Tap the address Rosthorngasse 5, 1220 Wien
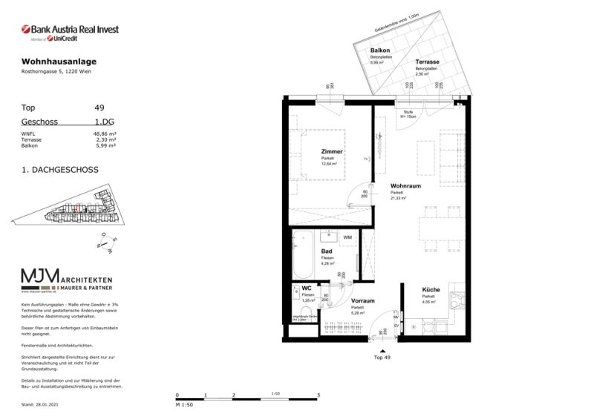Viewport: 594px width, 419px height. (x=57, y=71)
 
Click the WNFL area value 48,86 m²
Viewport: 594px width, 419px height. (x=105, y=133)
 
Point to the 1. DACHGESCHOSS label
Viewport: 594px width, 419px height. (x=60, y=170)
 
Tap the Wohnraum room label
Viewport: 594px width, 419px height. (x=406, y=186)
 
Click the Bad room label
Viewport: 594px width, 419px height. (x=326, y=251)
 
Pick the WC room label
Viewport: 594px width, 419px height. (x=306, y=288)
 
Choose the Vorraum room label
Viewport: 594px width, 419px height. (x=362, y=301)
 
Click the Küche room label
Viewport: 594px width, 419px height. (x=431, y=291)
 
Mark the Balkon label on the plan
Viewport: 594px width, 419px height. (x=380, y=50)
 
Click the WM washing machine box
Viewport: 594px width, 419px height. (x=347, y=237)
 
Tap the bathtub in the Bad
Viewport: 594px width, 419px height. (x=303, y=256)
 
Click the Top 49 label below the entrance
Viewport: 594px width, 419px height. (x=382, y=357)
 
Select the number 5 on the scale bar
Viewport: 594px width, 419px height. (x=318, y=396)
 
